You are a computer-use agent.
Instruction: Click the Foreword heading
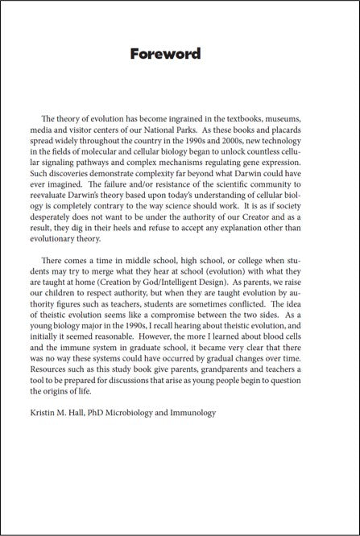[x=165, y=55]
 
